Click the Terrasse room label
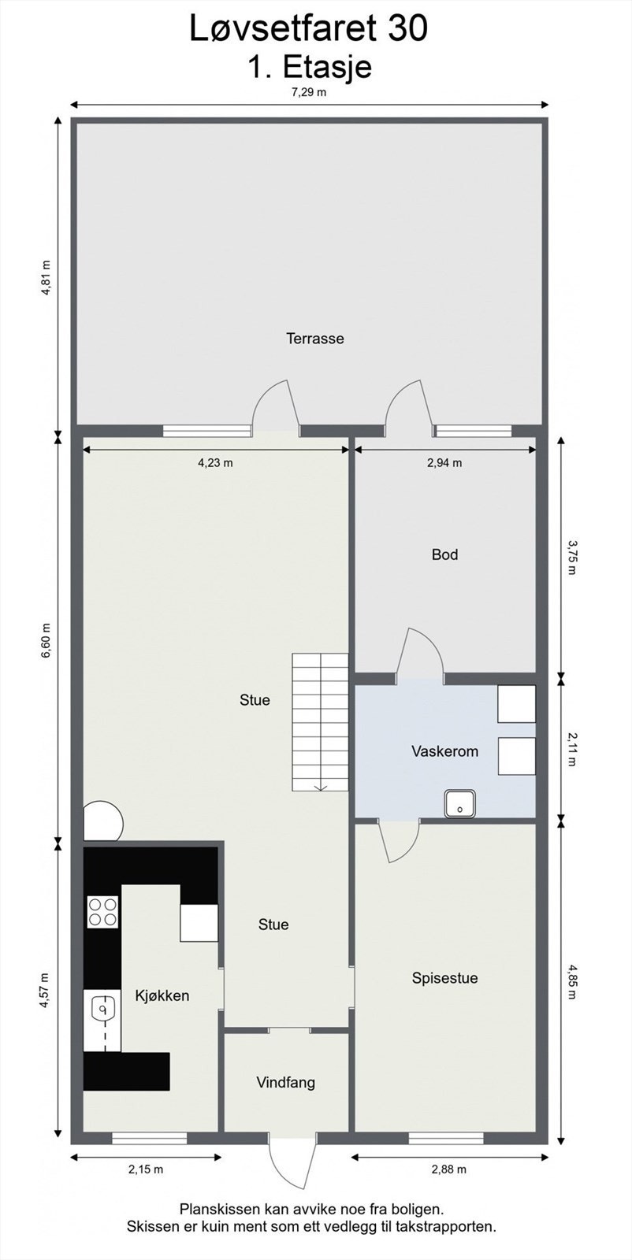coord(314,339)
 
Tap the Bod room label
coord(444,554)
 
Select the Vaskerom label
coord(444,751)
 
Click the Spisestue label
coord(444,978)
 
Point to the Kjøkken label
coord(162,995)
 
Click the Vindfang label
coord(285,1082)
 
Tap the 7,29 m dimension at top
coord(309,92)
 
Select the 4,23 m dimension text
coord(215,463)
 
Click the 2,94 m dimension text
coord(444,463)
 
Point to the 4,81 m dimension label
coord(46,277)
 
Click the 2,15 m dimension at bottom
coord(146,1169)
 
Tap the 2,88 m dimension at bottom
coord(448,1169)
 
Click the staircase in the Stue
coord(320,721)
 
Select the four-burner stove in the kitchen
coord(102,912)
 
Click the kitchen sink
coord(102,1009)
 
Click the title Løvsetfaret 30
coord(309,29)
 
